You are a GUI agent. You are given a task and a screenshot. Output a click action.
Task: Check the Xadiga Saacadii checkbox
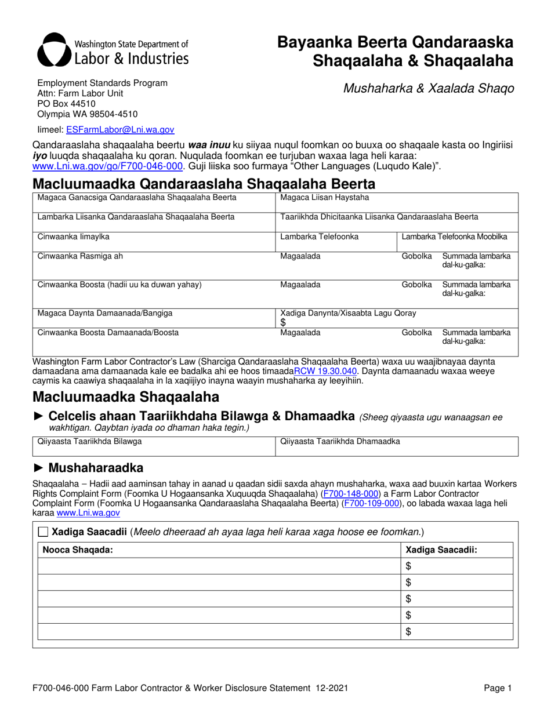coord(43,532)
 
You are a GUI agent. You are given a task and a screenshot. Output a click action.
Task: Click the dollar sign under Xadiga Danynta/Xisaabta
coord(283,322)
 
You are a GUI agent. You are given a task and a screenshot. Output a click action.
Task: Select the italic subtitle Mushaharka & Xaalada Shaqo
coord(429,89)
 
